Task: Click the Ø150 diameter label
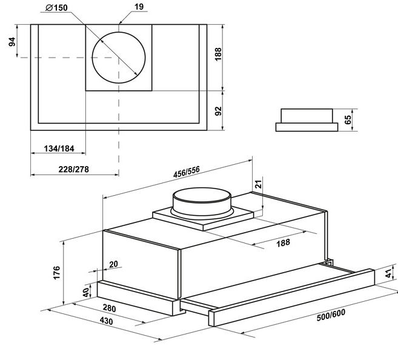coord(56,8)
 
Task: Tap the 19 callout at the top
coord(139,7)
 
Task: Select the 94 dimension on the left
coord(12,42)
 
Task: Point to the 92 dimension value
coord(218,111)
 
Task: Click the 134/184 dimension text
coord(59,148)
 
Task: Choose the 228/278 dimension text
coord(74,169)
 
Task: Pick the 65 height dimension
coord(348,119)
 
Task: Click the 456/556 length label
coord(187,172)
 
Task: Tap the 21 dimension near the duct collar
coord(258,184)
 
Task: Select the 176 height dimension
coord(56,273)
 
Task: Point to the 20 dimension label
coord(113,264)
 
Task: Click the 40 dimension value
coord(86,293)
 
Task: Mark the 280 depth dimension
coord(110,308)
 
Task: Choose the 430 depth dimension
coord(106,321)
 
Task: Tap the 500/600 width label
coord(331,315)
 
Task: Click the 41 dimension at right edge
coord(389,274)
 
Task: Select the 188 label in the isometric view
coord(283,242)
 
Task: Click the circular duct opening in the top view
coord(119,58)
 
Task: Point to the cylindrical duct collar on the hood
coord(202,203)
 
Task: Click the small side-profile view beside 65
coord(307,120)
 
